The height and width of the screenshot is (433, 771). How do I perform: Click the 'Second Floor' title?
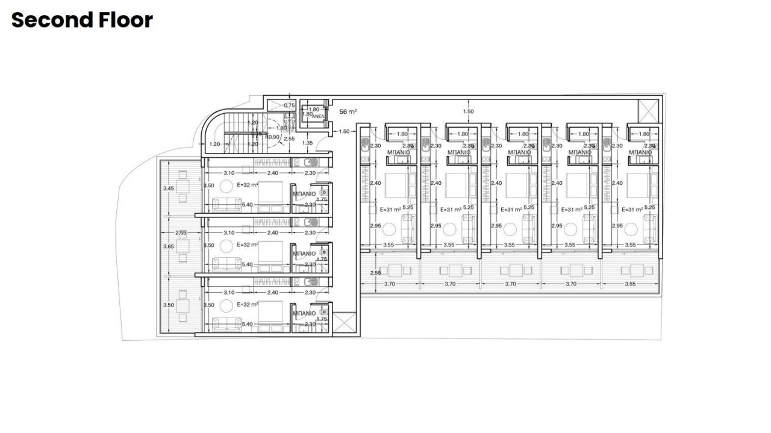[82, 20]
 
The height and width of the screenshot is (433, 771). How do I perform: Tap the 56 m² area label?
[348, 111]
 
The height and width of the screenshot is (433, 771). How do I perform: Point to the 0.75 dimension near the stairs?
[290, 105]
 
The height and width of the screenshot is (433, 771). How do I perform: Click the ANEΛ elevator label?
[319, 116]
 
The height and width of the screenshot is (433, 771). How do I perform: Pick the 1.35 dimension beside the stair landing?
[307, 143]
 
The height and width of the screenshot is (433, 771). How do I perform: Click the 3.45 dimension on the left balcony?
[169, 189]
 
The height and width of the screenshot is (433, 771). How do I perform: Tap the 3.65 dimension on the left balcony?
[169, 246]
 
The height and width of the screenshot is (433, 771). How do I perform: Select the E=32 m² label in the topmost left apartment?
[248, 185]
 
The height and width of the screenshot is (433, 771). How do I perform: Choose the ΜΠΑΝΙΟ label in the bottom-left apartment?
[304, 313]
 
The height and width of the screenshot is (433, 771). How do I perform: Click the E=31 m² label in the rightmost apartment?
[631, 210]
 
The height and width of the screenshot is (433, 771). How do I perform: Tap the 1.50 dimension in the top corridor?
[468, 111]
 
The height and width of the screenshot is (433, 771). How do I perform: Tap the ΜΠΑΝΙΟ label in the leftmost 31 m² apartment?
[399, 152]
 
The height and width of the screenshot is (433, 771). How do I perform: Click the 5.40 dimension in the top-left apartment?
[247, 205]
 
